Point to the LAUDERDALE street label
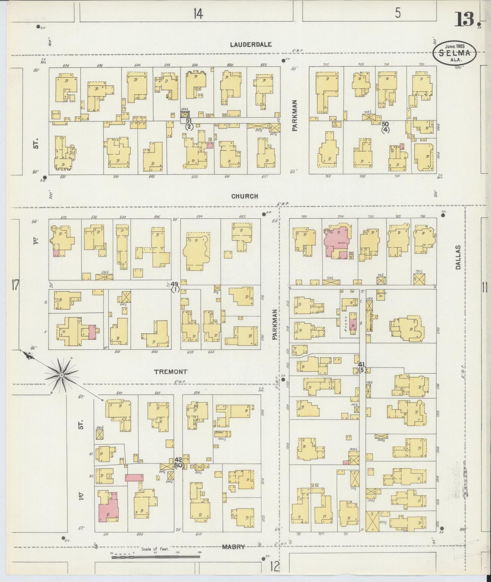251,44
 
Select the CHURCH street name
245,196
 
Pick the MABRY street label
233,547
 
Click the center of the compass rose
62,375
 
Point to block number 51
189,121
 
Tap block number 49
175,284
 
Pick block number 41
361,364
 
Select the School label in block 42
219,432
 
